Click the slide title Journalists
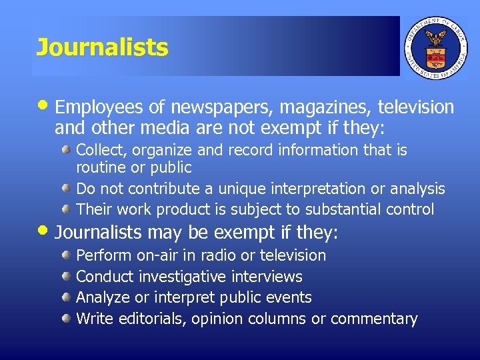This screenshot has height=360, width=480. point(102,47)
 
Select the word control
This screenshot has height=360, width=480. point(409,209)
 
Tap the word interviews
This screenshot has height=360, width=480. point(267,277)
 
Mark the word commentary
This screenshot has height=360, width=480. point(374,319)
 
